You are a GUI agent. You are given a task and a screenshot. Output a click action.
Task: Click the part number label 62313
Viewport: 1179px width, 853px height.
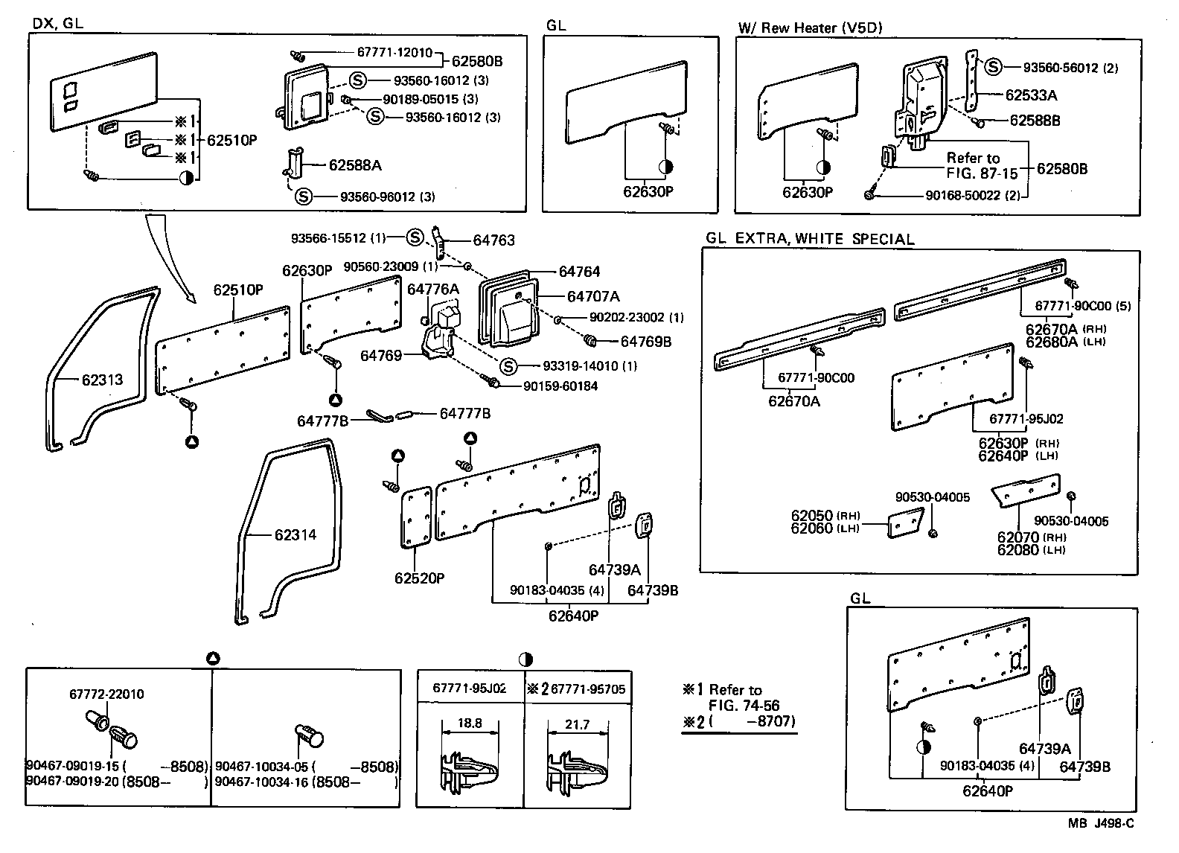(102, 380)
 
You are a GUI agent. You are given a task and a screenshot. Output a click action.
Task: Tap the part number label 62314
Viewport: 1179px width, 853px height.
(295, 534)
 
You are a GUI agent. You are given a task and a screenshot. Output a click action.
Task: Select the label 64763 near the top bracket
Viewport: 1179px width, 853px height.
(494, 240)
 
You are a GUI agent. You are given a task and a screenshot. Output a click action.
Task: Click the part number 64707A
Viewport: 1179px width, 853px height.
(593, 296)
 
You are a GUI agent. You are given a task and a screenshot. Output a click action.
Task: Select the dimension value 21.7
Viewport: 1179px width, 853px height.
(578, 724)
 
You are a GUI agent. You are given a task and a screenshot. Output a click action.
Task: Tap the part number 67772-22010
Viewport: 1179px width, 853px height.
(107, 694)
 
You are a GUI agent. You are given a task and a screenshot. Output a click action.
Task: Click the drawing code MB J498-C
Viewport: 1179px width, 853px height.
(1101, 822)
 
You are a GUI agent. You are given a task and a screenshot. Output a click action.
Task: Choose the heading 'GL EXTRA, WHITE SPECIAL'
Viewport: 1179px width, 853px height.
(810, 239)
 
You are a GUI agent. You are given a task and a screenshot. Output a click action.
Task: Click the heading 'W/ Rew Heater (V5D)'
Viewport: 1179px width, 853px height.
(810, 28)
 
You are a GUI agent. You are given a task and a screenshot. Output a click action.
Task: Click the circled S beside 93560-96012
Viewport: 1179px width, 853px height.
(303, 197)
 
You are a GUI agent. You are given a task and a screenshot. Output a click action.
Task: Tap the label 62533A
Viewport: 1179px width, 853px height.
(1031, 95)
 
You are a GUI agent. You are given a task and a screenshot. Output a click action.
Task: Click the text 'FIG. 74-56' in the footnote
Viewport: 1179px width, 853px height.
(743, 706)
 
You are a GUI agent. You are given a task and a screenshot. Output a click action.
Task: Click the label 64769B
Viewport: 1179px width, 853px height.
(646, 341)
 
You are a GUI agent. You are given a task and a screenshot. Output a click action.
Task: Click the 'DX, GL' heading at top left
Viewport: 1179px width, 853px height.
(58, 23)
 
